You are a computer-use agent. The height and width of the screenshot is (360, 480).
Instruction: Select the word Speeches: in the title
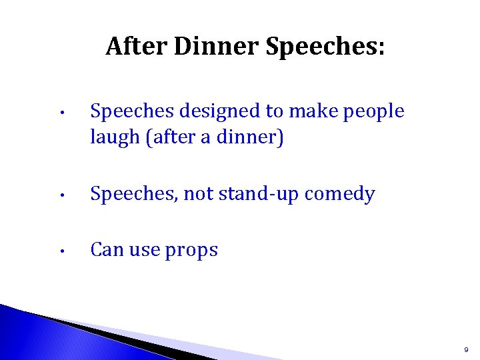pyautogui.click(x=325, y=47)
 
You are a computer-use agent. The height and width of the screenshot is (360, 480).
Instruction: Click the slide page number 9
pyautogui.click(x=465, y=349)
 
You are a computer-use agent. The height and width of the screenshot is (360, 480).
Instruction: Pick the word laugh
pyautogui.click(x=111, y=139)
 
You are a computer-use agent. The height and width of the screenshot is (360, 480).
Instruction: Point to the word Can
pyautogui.click(x=105, y=249)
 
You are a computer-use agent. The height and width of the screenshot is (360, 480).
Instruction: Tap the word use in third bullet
pyautogui.click(x=141, y=250)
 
